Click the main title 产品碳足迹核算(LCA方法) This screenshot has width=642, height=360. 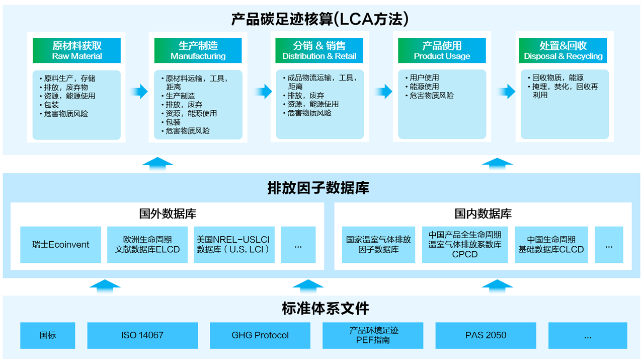point(320,19)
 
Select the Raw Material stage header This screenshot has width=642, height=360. point(77,50)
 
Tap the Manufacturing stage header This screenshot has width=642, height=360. point(198,50)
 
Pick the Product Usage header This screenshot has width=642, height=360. point(442,50)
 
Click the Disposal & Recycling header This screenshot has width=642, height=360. point(563,50)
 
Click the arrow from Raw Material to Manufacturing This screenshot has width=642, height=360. point(138,92)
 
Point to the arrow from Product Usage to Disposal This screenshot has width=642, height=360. point(507,92)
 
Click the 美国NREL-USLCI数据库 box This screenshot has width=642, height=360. point(234,245)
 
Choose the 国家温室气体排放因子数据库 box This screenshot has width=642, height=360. point(378,245)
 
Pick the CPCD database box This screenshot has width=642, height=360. point(465,245)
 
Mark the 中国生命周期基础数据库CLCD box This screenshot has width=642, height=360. point(551,245)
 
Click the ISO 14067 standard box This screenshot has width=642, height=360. point(142,335)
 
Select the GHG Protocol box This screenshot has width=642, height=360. point(260,335)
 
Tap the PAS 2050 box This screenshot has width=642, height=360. point(486,335)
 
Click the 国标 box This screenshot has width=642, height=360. point(48,335)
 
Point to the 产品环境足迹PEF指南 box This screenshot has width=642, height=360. point(373,335)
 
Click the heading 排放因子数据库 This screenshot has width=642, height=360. point(318,188)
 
